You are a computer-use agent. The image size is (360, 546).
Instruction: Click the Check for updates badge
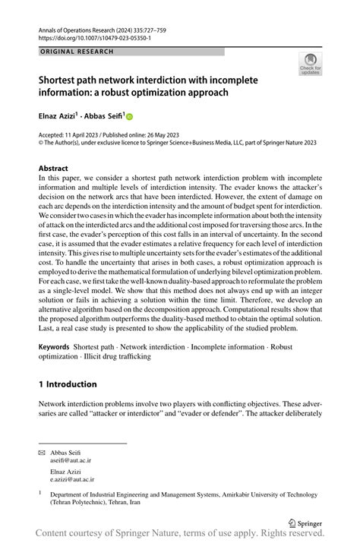(310, 65)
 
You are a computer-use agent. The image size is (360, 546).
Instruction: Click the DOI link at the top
(94, 37)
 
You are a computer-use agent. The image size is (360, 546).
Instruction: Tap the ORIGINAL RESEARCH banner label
(76, 52)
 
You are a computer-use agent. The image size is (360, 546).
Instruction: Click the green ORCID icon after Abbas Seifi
(129, 117)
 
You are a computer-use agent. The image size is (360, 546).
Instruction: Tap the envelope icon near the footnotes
(43, 452)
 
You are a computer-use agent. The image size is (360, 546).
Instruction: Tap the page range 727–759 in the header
(176, 28)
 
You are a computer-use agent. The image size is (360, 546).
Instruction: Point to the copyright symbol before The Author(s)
(41, 141)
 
